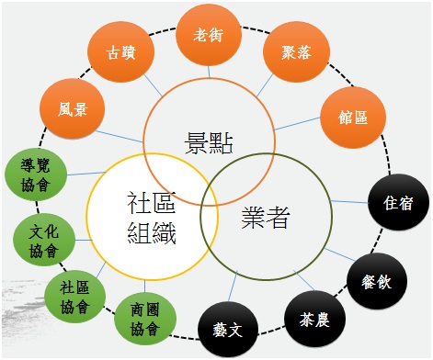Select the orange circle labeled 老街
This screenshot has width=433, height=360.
[x=208, y=35]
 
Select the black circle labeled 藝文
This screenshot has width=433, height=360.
[x=224, y=328]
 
